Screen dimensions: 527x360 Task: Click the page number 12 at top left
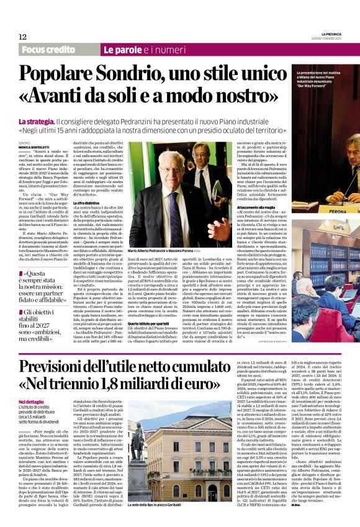click(x=22, y=37)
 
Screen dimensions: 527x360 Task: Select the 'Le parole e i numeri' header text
click(x=137, y=49)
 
